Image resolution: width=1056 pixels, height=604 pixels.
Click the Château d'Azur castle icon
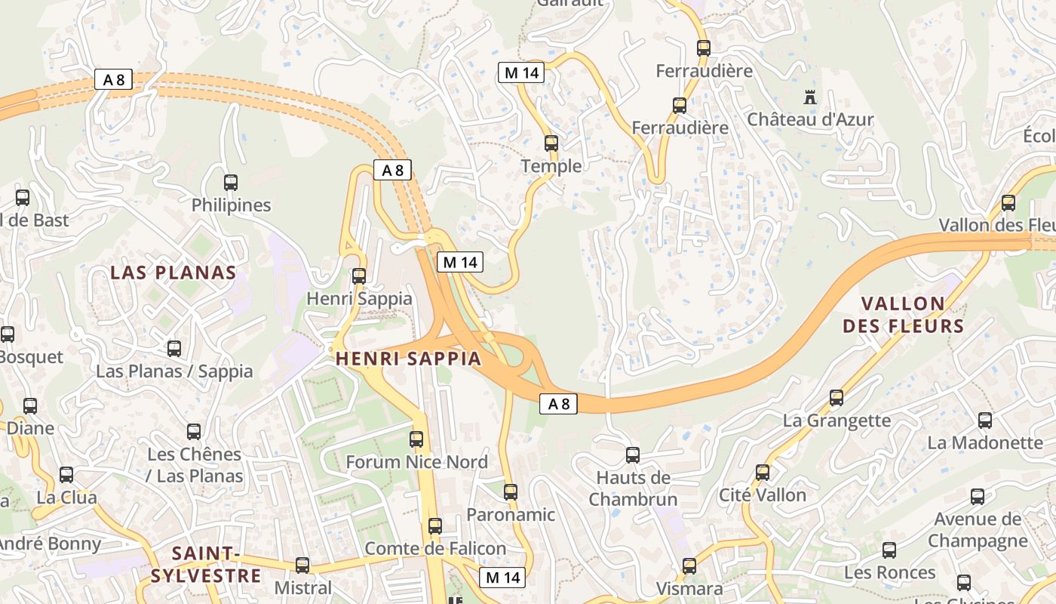coord(810,97)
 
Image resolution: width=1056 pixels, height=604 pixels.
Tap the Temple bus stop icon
coord(551,143)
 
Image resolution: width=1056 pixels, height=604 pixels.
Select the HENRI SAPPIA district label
coord(408,359)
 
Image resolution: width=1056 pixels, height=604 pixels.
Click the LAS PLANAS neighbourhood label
coord(173,273)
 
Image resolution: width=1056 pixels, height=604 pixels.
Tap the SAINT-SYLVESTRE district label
coord(205,565)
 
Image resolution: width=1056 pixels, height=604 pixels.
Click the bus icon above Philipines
coord(231,183)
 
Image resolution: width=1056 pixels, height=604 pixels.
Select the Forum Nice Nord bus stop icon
coord(416,439)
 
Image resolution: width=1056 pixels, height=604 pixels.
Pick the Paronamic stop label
coord(511,515)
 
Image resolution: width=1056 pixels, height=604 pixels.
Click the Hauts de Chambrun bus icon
coord(633,455)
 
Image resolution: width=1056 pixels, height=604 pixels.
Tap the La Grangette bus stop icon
coord(836,398)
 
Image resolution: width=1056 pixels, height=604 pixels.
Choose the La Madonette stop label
coord(984,442)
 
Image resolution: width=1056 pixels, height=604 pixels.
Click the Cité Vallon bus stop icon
coord(763,473)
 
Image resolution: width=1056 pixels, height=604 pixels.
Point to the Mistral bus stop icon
coord(302,565)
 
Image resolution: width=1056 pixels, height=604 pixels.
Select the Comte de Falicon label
coord(435,549)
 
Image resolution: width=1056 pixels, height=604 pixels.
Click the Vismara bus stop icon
coord(689,566)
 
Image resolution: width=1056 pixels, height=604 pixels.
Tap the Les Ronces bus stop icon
coord(889,550)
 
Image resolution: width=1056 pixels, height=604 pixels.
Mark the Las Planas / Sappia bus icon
coord(174,349)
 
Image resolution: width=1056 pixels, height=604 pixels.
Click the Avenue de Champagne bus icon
coord(978,497)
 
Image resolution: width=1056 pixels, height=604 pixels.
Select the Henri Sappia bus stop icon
coord(359,276)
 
